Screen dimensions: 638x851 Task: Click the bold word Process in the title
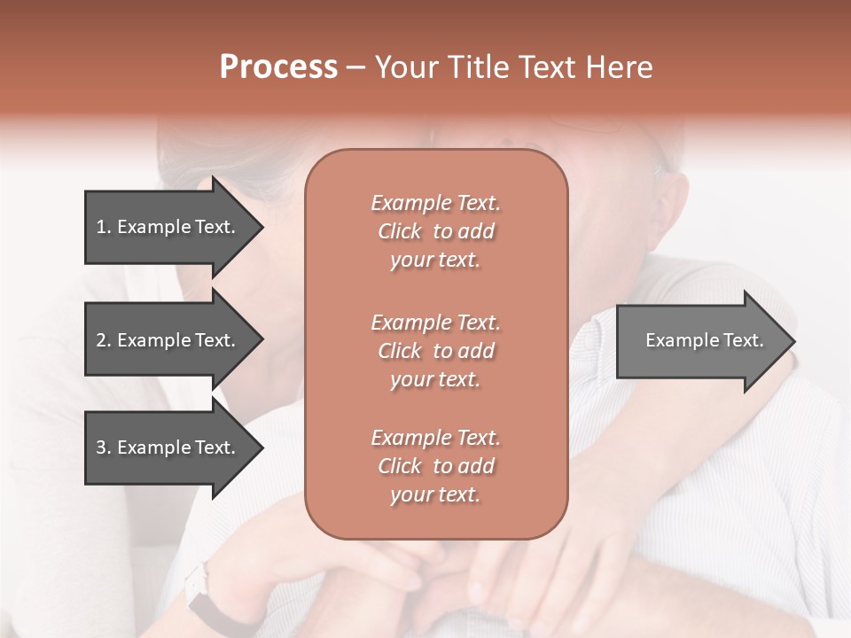pos(278,67)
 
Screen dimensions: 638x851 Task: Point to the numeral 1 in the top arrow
pos(101,227)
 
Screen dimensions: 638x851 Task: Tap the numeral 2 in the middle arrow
pos(102,340)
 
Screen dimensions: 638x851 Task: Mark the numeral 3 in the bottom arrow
pos(102,447)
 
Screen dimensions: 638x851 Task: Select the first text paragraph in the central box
pos(435,231)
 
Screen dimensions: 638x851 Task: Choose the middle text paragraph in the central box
pos(435,351)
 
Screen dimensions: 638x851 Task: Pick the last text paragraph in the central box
pos(435,466)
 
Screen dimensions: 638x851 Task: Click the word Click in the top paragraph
pos(400,231)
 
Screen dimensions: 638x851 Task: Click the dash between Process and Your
pos(355,68)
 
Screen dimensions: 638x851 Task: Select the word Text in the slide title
pos(546,67)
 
